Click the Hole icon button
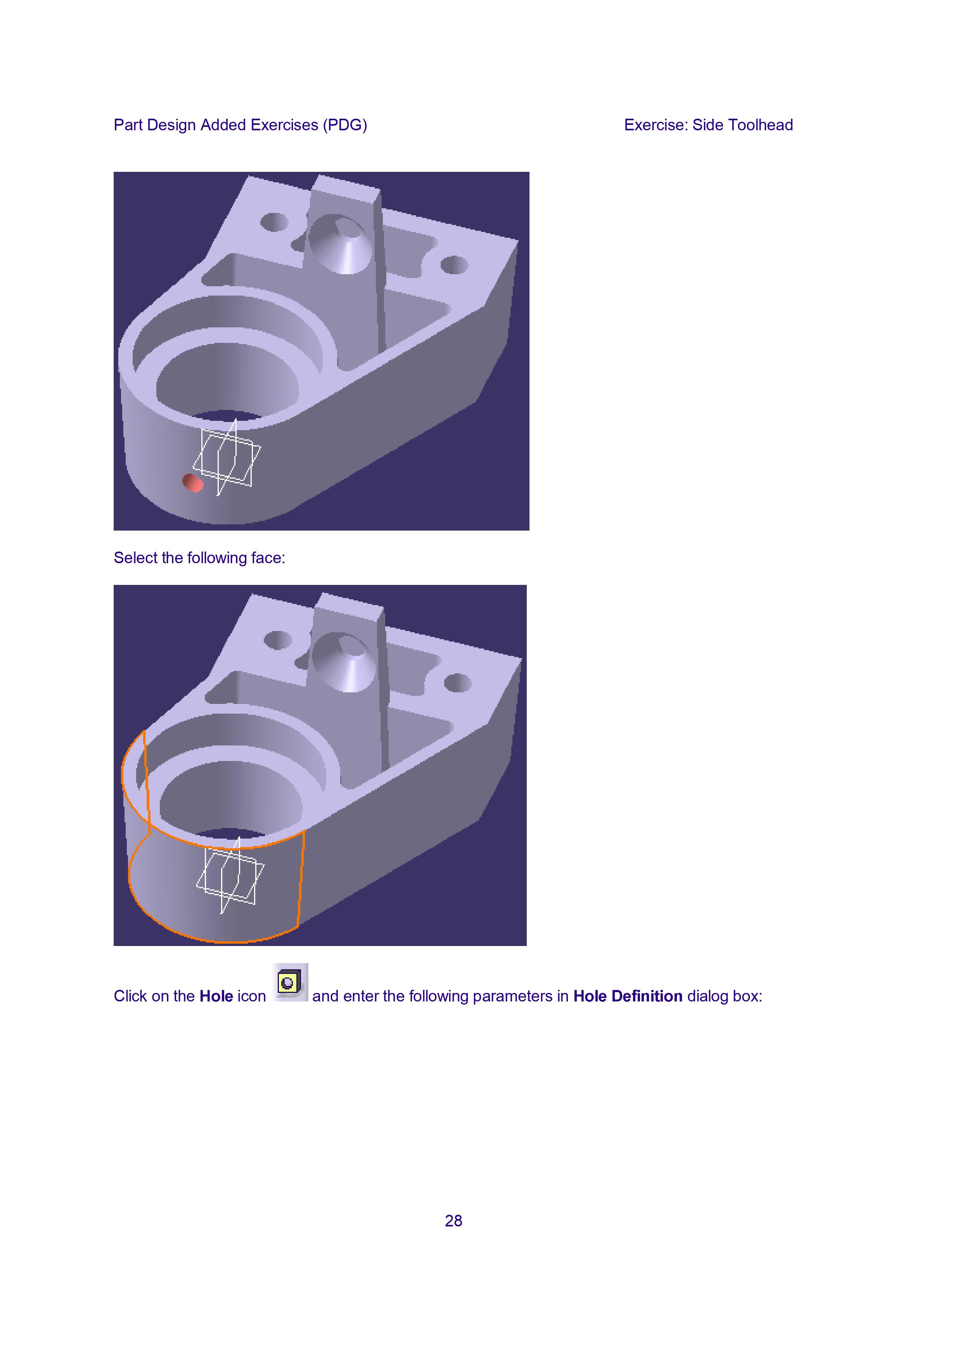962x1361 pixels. point(290,983)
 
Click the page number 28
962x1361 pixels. point(453,1221)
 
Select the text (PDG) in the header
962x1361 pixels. point(345,125)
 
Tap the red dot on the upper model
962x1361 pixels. point(193,483)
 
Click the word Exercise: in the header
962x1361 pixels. point(656,125)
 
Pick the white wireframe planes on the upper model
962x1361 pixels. point(227,457)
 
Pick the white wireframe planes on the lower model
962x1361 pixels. point(230,875)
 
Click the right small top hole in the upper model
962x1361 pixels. point(455,265)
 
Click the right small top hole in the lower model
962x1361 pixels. point(458,683)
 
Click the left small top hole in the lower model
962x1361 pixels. point(277,640)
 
